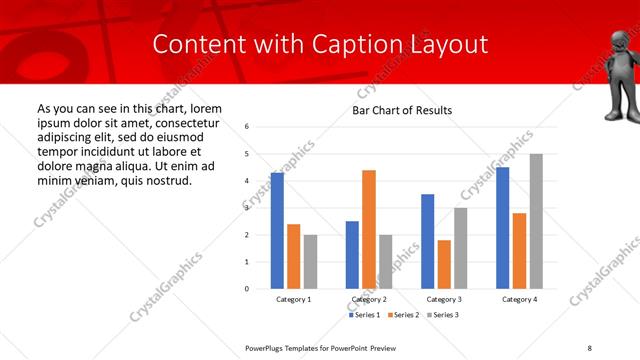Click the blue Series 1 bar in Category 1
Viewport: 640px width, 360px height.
[277, 230]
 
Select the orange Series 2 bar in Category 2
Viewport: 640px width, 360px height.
[368, 229]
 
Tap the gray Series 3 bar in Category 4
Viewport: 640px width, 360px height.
[536, 221]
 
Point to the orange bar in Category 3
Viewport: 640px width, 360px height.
[444, 264]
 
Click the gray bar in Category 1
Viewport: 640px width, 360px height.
[310, 261]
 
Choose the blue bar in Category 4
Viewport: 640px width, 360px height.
[503, 227]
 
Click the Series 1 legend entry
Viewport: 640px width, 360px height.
[364, 315]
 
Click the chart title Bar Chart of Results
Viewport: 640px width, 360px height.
[402, 110]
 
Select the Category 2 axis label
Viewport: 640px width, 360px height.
[368, 300]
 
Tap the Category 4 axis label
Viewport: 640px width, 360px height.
[519, 300]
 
